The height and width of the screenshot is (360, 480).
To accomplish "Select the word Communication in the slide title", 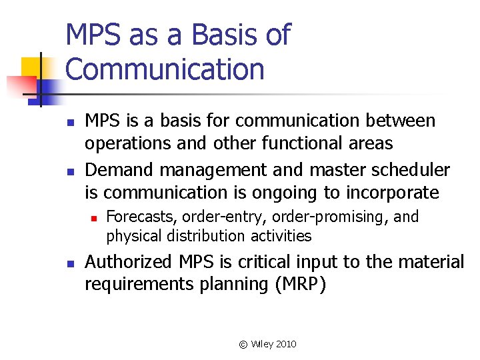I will [x=165, y=69].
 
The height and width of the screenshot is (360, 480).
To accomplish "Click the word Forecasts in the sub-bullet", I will [x=142, y=217].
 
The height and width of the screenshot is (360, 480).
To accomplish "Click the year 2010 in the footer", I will [x=285, y=344].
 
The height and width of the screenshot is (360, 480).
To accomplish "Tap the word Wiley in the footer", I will [x=261, y=344].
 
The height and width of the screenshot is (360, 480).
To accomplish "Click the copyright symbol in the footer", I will [x=243, y=344].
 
